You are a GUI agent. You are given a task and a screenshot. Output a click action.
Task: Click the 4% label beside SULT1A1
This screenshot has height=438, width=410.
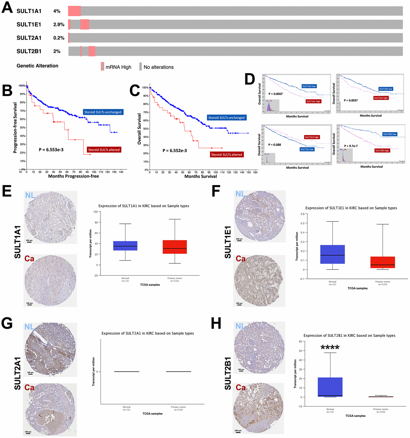(x=57, y=11)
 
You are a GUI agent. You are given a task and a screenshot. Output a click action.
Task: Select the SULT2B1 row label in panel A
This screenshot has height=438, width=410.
(x=29, y=51)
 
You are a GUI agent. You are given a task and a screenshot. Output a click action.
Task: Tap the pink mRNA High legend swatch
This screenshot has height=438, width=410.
(x=102, y=67)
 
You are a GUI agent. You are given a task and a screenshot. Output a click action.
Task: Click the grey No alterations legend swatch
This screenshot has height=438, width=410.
(x=140, y=67)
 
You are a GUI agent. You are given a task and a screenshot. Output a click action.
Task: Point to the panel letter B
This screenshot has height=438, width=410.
(x=7, y=91)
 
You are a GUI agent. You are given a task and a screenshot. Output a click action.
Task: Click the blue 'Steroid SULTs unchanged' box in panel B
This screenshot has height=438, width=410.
(x=102, y=112)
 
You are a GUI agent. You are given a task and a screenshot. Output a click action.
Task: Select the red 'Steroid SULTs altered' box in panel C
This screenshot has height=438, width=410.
(x=227, y=154)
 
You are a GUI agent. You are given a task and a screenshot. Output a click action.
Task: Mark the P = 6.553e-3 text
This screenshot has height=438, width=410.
(x=51, y=150)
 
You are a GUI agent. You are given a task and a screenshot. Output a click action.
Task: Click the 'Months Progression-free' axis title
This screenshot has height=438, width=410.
(x=73, y=176)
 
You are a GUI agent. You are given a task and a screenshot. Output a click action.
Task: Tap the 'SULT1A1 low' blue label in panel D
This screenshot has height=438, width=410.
(x=309, y=86)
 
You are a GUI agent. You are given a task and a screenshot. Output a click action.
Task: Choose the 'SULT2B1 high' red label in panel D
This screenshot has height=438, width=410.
(x=382, y=150)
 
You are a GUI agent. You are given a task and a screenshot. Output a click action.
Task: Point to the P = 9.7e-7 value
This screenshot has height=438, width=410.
(x=351, y=146)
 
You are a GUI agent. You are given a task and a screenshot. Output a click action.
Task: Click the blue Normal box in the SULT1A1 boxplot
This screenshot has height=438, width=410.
(x=125, y=246)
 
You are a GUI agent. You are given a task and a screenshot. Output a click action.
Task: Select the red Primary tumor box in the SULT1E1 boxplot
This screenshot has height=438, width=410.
(x=383, y=262)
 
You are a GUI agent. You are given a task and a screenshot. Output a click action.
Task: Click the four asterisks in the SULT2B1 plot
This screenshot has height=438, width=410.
(x=330, y=348)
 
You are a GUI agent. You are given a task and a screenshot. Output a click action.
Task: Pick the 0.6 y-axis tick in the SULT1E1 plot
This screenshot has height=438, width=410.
(x=302, y=214)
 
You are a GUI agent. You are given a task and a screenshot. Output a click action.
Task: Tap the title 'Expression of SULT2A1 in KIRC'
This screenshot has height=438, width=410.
(x=148, y=333)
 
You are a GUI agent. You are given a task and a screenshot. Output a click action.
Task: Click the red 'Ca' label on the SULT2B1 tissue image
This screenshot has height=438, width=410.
(x=241, y=387)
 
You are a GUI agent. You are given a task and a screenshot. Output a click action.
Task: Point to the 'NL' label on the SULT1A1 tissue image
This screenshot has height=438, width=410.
(x=30, y=195)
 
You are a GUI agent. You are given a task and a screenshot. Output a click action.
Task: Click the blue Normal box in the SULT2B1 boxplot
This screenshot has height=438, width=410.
(x=330, y=387)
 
